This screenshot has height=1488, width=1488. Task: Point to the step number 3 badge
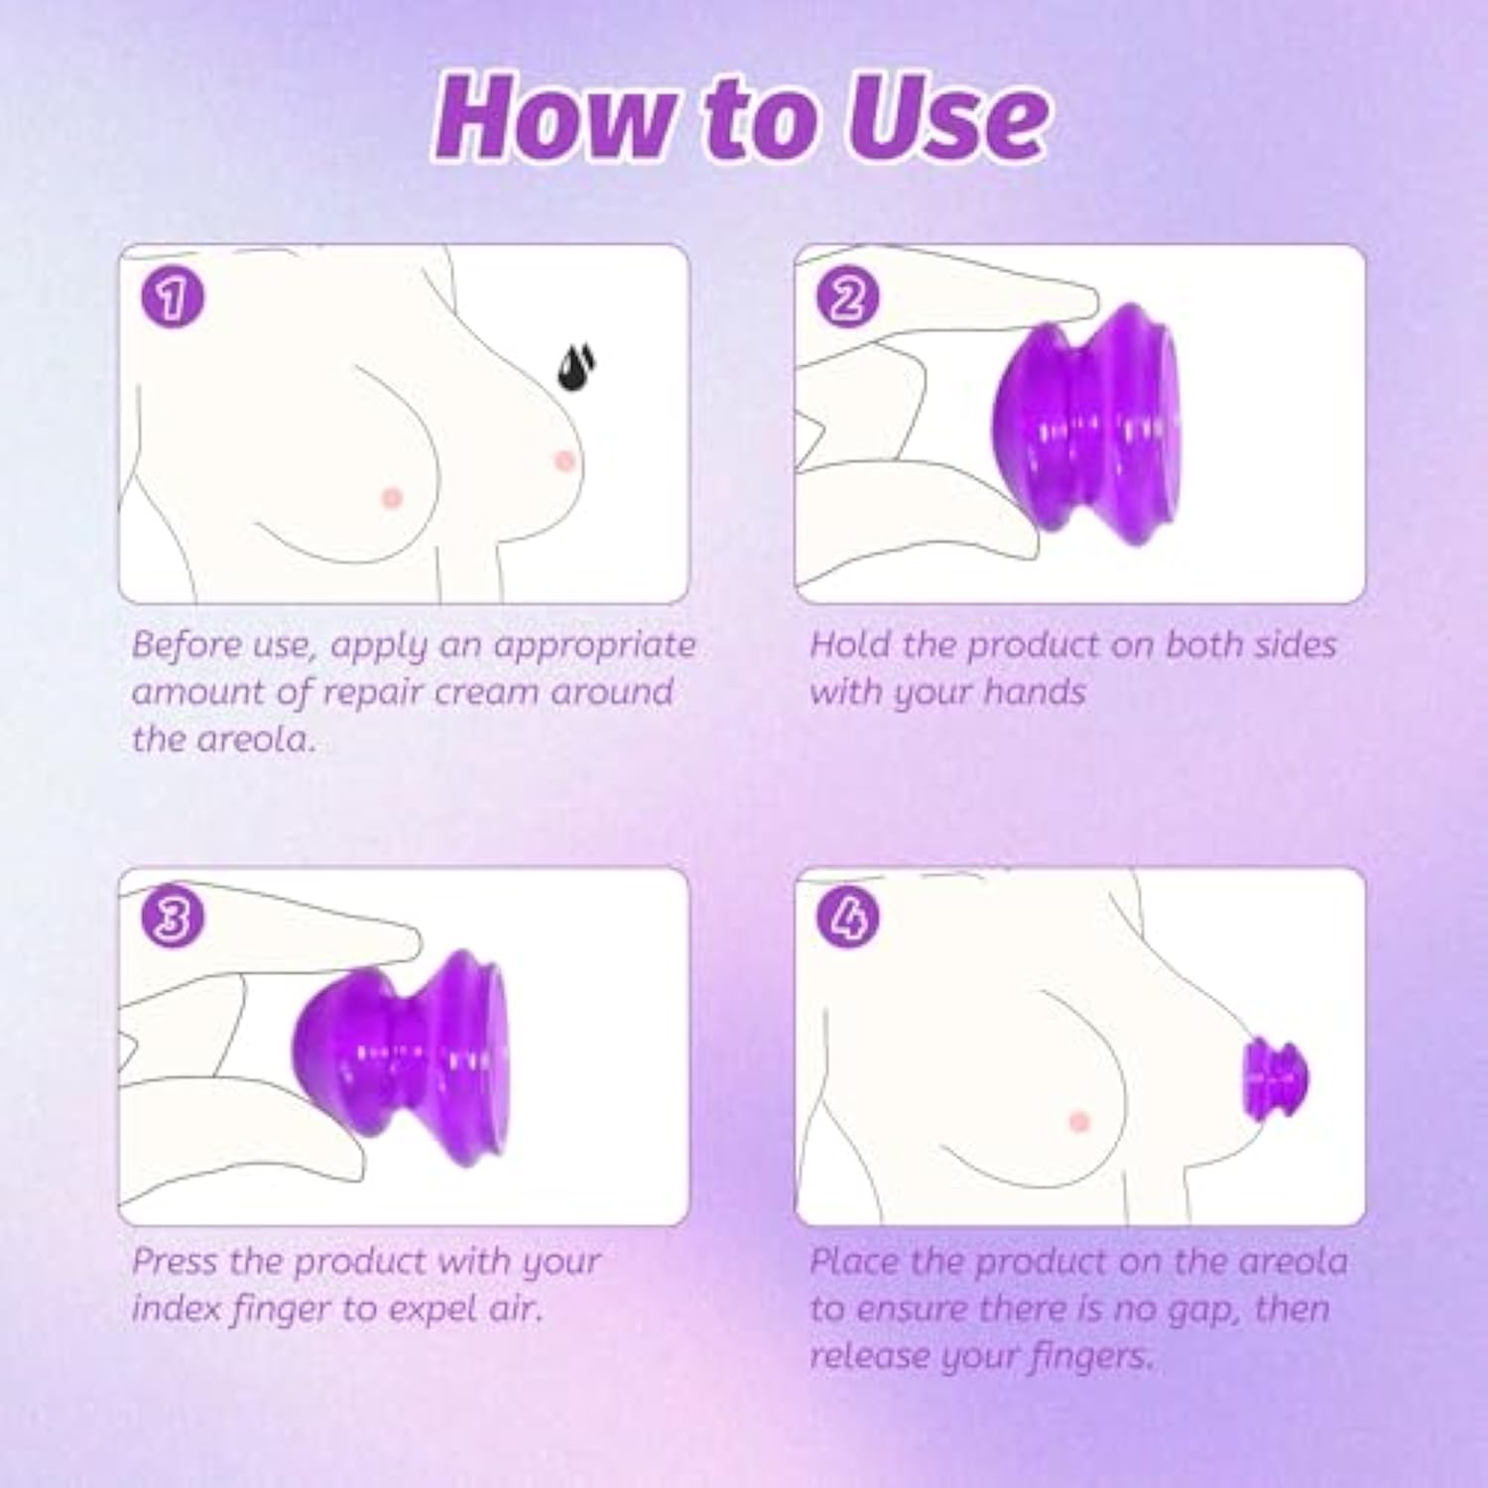coord(172,918)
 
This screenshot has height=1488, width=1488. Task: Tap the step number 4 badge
coord(847,918)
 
